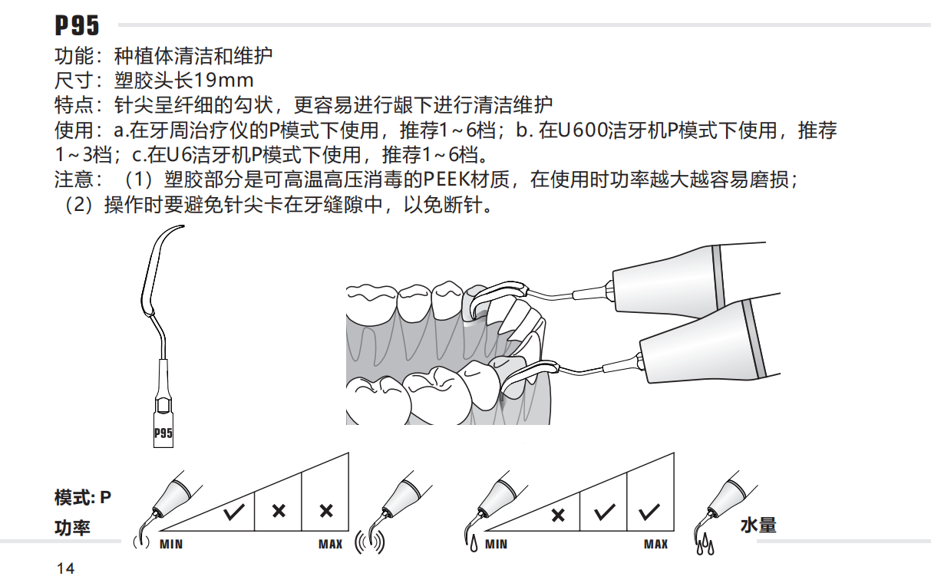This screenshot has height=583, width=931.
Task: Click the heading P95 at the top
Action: point(77,25)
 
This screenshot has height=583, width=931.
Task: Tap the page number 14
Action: point(65,568)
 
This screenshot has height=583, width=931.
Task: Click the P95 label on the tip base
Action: point(163,433)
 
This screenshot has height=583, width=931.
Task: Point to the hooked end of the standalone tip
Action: point(179,227)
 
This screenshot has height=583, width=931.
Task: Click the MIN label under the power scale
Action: point(171,545)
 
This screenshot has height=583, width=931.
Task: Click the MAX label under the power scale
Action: point(330,545)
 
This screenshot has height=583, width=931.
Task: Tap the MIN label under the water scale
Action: point(497,545)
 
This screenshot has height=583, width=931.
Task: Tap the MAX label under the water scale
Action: point(655,545)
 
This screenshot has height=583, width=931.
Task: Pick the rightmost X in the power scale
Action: point(325,511)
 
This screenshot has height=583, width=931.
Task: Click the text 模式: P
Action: point(83,498)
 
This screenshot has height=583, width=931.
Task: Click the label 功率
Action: point(72,529)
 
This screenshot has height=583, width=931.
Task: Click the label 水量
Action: point(758,525)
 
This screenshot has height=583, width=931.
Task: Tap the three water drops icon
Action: point(705,547)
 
